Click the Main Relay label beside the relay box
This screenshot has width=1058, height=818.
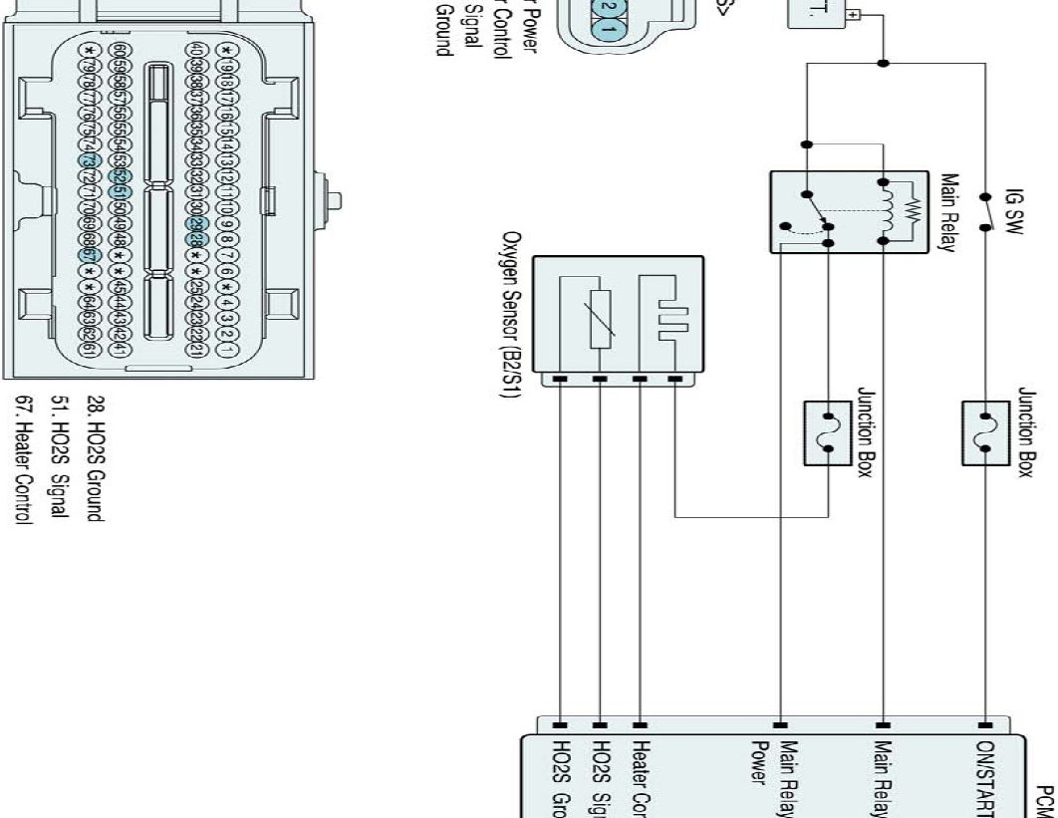948,211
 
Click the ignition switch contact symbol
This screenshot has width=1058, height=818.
986,212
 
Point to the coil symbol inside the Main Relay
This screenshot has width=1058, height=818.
895,211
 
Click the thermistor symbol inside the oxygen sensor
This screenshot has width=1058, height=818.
600,320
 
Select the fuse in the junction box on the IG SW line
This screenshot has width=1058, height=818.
986,433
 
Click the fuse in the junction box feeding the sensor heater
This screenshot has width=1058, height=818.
828,433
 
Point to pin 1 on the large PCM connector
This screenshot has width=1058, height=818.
227,350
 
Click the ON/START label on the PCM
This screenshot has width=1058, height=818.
986,777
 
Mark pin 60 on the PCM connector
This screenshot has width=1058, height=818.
121,50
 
